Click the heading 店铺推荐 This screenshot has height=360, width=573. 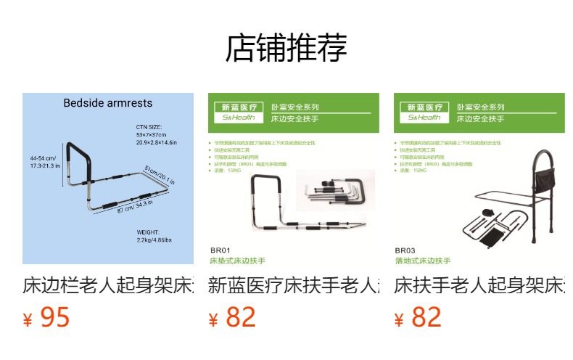pyautogui.click(x=286, y=48)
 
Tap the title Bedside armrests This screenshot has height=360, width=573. pyautogui.click(x=108, y=103)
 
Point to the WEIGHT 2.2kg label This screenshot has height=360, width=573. pyautogui.click(x=154, y=236)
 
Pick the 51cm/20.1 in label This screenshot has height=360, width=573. pyautogui.click(x=158, y=175)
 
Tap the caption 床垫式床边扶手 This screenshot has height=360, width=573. pyautogui.click(x=238, y=260)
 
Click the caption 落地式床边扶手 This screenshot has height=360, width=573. pyautogui.click(x=424, y=260)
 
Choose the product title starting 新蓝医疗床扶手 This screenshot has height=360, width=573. pyautogui.click(x=293, y=285)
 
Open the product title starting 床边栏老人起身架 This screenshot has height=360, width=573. pyautogui.click(x=108, y=285)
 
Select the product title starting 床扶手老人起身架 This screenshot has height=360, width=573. pyautogui.click(x=479, y=285)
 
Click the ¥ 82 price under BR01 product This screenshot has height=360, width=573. pyautogui.click(x=232, y=317)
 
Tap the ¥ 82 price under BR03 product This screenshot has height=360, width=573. pyautogui.click(x=418, y=317)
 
